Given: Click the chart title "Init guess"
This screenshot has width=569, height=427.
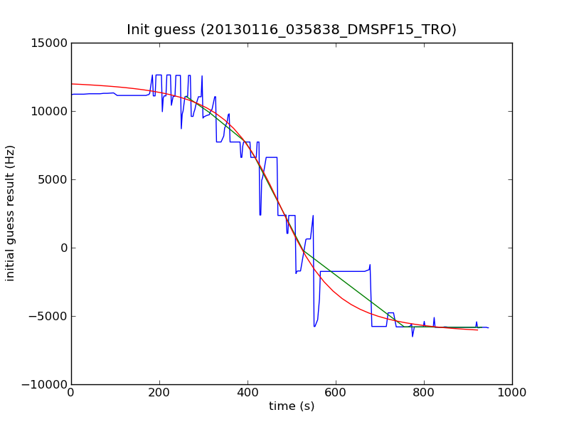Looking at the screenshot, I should click(x=292, y=30).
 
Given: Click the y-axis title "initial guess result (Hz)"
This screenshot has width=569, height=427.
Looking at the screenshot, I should click(x=11, y=213).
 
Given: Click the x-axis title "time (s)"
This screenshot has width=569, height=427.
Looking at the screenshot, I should click(x=292, y=406).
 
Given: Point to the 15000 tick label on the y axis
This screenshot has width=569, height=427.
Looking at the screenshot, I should click(x=48, y=43).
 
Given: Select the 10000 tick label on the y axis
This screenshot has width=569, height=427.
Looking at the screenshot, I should click(x=48, y=111).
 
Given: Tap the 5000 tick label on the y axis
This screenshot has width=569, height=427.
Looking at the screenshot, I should click(x=51, y=179).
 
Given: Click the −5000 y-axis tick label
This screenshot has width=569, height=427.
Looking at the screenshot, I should click(x=48, y=316).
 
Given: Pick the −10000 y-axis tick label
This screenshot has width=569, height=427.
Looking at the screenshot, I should click(x=44, y=384).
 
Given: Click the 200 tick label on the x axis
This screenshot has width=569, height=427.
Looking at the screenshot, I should click(x=159, y=392).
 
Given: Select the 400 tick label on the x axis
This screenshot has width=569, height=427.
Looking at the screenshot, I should click(x=248, y=392).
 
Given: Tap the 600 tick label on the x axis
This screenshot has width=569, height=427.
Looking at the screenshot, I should click(x=336, y=392).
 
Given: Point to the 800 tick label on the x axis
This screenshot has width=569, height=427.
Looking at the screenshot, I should click(x=424, y=392).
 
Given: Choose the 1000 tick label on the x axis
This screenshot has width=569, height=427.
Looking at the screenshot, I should click(x=512, y=392).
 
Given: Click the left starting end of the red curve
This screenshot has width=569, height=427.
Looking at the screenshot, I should click(x=71, y=84).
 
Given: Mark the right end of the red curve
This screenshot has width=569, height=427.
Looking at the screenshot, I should click(x=477, y=330).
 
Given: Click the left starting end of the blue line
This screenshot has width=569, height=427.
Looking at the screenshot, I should click(x=71, y=95).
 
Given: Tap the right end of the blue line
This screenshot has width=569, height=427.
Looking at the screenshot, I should click(x=489, y=328).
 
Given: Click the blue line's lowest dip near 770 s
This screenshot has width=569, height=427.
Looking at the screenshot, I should click(x=412, y=337).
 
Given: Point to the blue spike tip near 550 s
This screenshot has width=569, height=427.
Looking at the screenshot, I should click(x=313, y=215).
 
